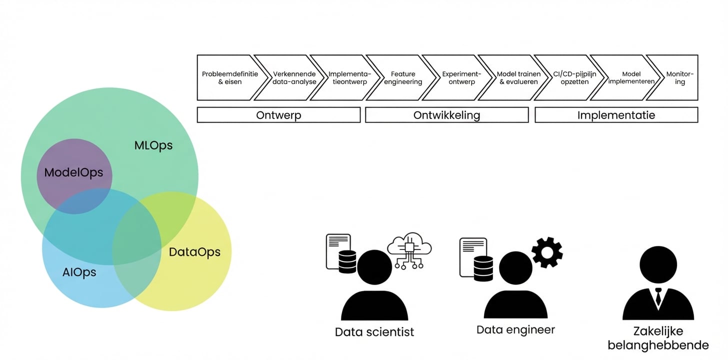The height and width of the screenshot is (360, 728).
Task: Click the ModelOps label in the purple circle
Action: pos(73,172)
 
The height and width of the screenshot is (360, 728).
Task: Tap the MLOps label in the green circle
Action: pos(153,145)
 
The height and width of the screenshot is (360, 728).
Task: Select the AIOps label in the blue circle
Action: pos(79,272)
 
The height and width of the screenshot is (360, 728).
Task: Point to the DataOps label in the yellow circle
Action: pos(194,252)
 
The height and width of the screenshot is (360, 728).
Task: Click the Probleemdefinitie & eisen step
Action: pos(229,77)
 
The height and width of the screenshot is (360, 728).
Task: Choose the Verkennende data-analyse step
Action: pos(294,77)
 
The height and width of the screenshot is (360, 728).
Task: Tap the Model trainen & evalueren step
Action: pos(518,77)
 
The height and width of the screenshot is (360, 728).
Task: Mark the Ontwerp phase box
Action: pos(278,115)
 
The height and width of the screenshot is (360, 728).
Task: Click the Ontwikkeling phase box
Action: pos(446,115)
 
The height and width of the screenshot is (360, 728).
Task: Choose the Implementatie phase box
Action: pos(616,115)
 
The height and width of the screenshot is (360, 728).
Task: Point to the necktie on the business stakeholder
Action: pos(658,297)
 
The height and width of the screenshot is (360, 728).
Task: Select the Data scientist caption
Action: pos(374,332)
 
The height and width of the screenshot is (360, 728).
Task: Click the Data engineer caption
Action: pos(515,329)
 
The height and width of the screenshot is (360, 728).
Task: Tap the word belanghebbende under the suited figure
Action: pos(658,345)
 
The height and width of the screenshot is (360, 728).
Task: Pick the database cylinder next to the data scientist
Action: pos(347,261)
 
